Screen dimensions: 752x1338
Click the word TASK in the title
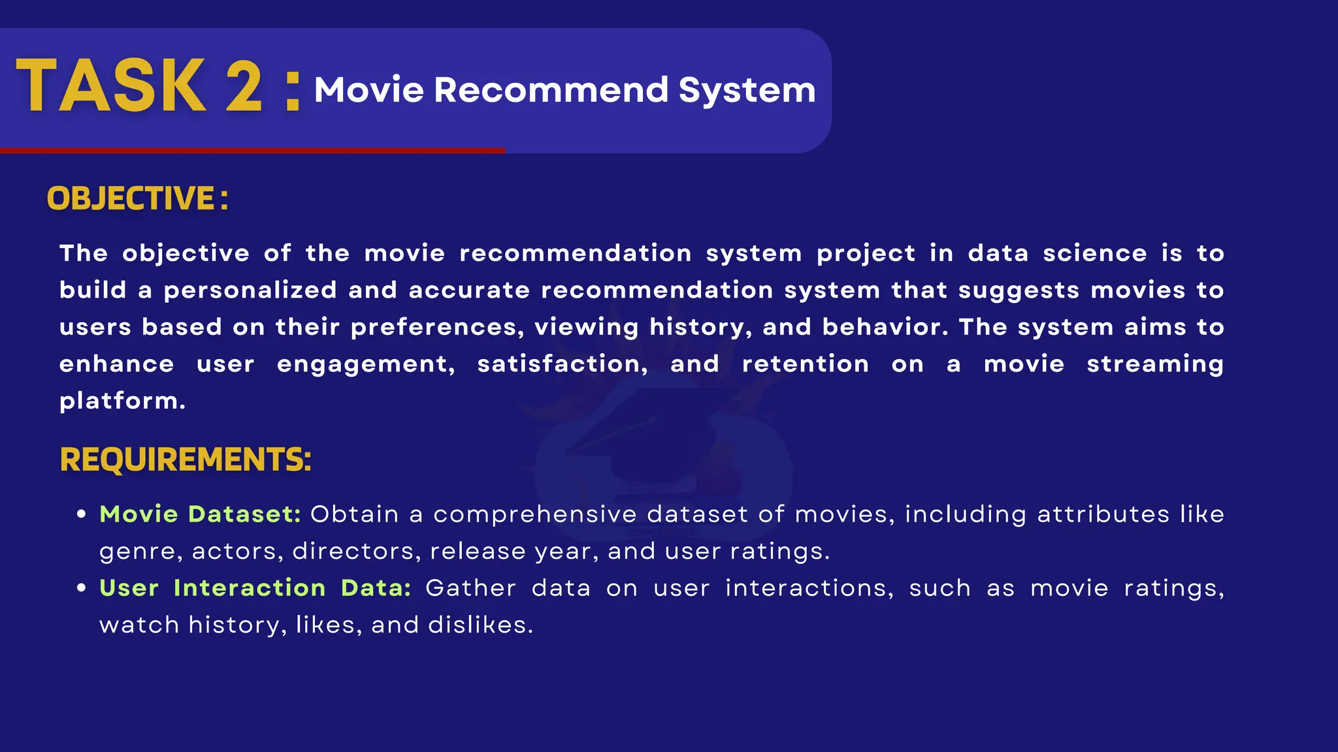111,86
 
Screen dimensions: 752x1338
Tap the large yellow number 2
244,86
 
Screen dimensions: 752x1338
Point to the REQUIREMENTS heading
186,460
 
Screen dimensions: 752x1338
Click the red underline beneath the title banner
252,151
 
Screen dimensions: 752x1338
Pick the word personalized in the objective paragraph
250,290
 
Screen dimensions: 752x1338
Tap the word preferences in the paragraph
436,328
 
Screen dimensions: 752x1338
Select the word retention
805,364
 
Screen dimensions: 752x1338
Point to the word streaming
1154,364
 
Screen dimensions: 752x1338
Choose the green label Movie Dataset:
200,514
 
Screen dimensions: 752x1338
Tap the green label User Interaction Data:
255,588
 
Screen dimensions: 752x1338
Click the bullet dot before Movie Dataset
82,514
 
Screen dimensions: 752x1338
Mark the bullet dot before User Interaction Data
82,588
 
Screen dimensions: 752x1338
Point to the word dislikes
480,625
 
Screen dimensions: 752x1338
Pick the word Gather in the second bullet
470,588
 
